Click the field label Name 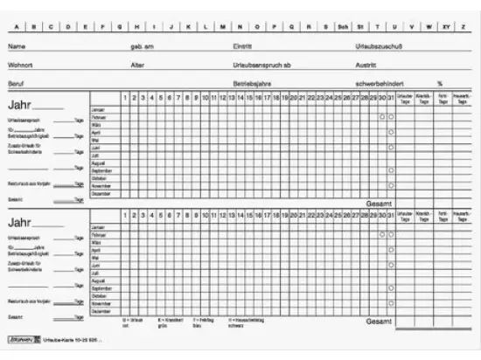click(17, 45)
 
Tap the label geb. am click(142, 45)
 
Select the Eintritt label click(242, 45)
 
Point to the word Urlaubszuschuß click(378, 45)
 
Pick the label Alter click(137, 65)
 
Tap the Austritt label click(366, 65)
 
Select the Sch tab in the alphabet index click(344, 27)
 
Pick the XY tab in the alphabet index click(447, 27)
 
